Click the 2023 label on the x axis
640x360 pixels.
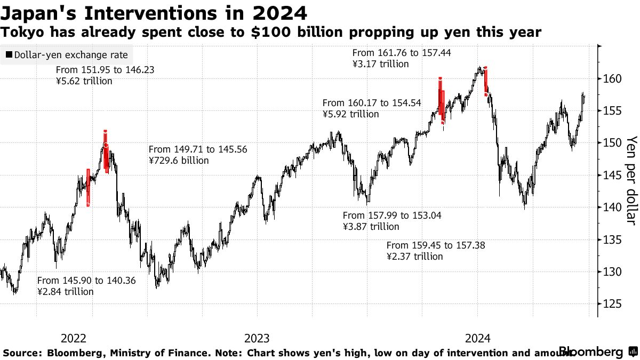(257, 338)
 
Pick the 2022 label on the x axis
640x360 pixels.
(74, 338)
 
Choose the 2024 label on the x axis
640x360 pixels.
(478, 338)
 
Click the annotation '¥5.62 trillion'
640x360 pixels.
(84, 81)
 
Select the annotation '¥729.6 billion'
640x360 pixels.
(179, 160)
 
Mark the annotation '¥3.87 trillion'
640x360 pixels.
(371, 227)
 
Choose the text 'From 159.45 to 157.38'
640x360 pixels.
(436, 245)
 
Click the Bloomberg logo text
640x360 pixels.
(590, 352)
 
